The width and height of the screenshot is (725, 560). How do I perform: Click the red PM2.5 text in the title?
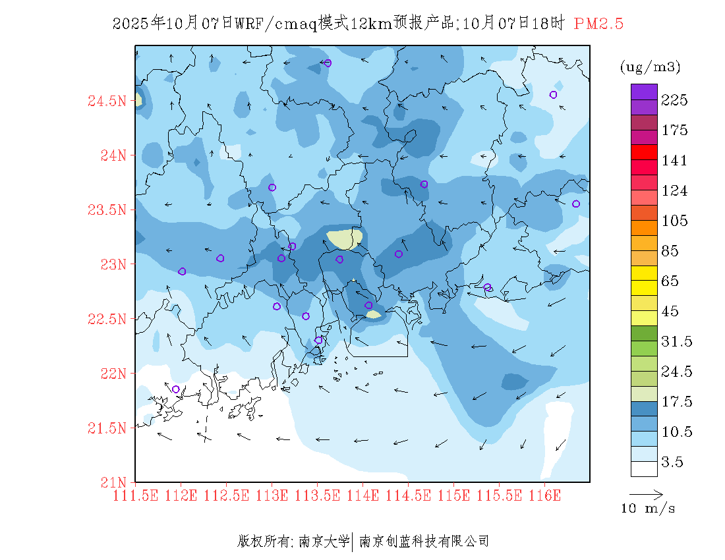[598, 24]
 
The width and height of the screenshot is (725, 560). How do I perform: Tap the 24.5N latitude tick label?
[105, 101]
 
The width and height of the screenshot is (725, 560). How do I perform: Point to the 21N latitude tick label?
[111, 482]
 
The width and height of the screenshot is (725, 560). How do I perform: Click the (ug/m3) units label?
[650, 67]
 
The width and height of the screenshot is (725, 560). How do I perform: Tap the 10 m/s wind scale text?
[648, 509]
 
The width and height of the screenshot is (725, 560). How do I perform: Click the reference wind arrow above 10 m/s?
[645, 493]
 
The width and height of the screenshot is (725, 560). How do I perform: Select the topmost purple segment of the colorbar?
[644, 92]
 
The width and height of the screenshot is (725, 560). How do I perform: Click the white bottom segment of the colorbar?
[644, 468]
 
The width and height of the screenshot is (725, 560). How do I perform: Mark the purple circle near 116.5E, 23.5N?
[576, 204]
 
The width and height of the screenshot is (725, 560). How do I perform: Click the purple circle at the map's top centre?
[328, 63]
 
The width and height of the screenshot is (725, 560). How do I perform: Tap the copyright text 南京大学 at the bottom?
[324, 542]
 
